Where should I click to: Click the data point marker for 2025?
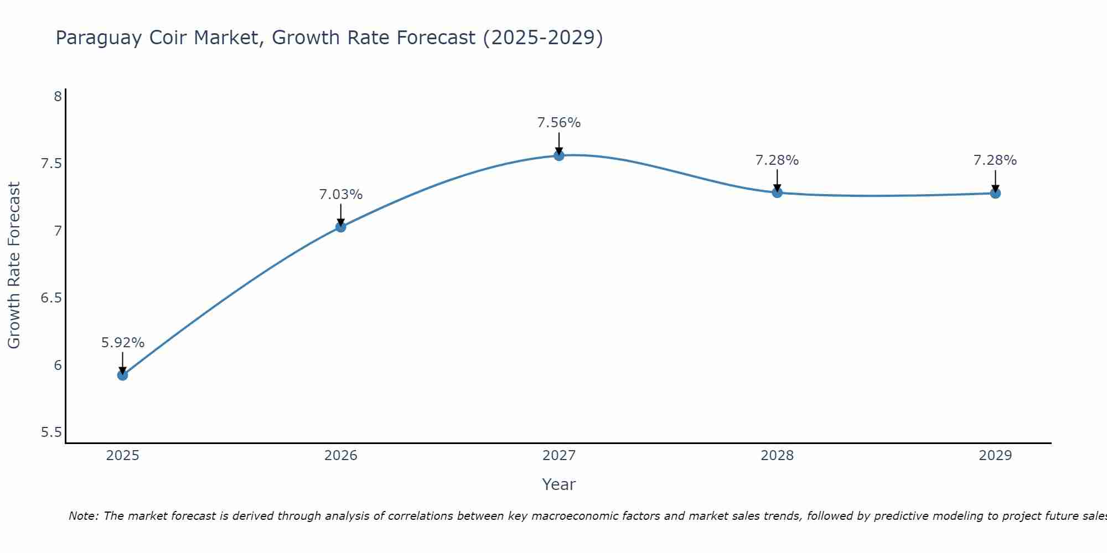(122, 375)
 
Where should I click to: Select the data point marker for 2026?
(340, 227)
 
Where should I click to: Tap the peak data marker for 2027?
(558, 155)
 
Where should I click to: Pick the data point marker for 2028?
(777, 192)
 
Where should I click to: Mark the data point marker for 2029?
(995, 193)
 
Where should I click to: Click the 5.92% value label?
(122, 343)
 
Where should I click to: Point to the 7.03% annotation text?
(340, 195)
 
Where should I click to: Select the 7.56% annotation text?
(558, 123)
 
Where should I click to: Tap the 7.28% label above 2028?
(777, 160)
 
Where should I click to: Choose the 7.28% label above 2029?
(995, 160)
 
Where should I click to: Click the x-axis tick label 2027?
(558, 456)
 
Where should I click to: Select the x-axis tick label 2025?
(122, 456)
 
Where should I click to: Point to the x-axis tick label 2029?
(995, 456)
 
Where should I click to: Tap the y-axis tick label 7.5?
(51, 164)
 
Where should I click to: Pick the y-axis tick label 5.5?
(51, 432)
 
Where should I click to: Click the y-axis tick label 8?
(58, 97)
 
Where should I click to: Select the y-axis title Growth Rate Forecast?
(14, 265)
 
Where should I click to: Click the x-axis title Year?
(558, 484)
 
